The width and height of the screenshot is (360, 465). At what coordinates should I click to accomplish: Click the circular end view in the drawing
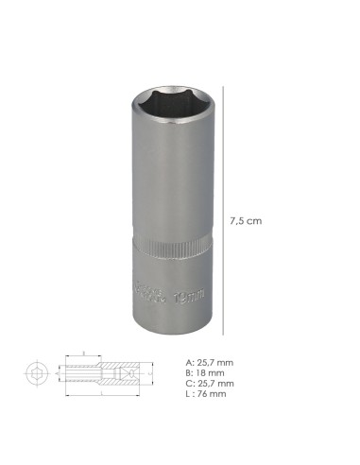[x=35, y=373]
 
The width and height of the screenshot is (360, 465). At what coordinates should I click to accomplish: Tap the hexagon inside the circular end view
[x=35, y=373]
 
